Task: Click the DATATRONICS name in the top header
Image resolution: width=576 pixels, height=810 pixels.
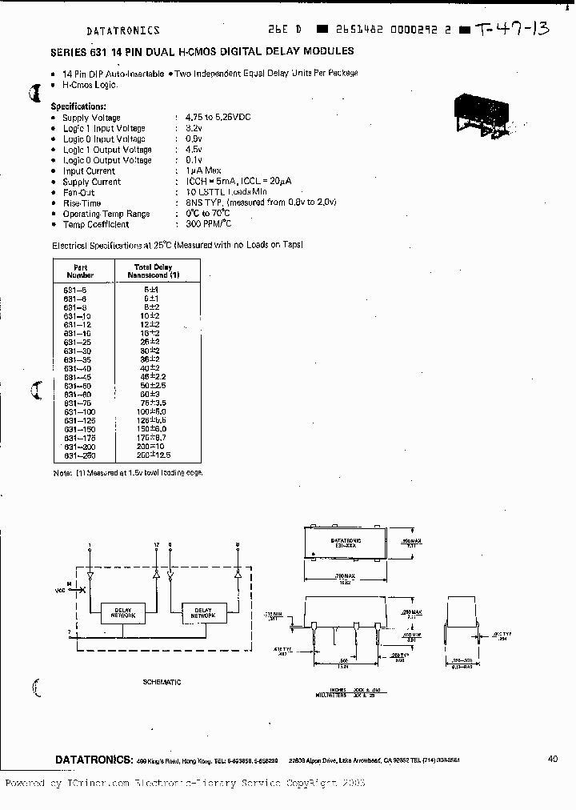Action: coord(123,30)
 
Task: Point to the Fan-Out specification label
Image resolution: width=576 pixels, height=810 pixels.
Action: coord(78,192)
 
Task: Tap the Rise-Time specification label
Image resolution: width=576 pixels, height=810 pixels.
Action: coord(82,203)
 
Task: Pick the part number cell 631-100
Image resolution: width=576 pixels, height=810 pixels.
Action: coord(79,411)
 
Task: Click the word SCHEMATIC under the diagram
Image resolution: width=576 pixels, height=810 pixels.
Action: coord(161,682)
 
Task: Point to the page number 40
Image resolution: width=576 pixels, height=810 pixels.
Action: coord(553,759)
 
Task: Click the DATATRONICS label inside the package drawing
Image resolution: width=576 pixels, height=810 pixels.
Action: coord(346,540)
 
